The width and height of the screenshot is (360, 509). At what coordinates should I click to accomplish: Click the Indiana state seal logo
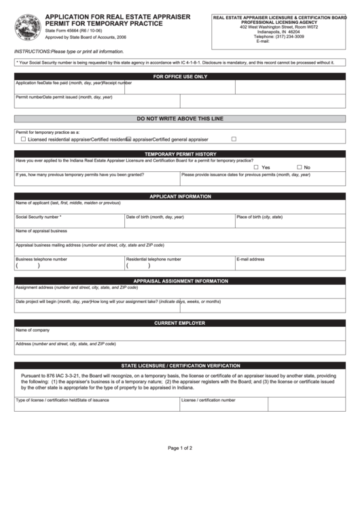[27, 29]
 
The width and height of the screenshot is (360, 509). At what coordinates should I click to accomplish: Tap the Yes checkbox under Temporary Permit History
[256, 167]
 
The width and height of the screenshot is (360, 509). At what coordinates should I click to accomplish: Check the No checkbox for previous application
[300, 167]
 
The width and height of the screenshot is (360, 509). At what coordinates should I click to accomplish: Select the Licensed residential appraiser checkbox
[24, 139]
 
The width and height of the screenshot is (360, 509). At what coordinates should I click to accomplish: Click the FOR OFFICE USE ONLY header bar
[180, 77]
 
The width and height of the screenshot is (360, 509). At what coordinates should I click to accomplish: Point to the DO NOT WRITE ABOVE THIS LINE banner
[180, 118]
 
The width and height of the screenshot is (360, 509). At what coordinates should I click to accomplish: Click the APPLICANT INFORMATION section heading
[180, 196]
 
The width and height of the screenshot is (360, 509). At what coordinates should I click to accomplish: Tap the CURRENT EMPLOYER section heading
[180, 323]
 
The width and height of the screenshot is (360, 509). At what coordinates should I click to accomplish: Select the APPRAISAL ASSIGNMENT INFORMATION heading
[180, 281]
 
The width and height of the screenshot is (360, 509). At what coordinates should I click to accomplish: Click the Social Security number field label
[38, 217]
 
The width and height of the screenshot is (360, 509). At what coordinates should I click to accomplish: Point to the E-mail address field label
[251, 259]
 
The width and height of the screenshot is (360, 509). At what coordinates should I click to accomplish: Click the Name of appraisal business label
[41, 230]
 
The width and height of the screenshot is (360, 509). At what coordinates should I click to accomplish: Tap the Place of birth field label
[259, 217]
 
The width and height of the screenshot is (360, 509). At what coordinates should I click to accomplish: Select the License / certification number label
[209, 400]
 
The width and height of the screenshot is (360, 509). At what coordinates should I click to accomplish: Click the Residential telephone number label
[154, 259]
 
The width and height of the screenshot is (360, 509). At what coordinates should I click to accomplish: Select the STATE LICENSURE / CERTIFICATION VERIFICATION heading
[180, 365]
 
